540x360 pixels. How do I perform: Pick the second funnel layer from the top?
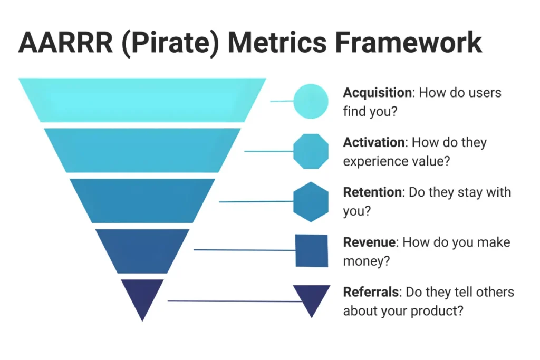pos(142,150)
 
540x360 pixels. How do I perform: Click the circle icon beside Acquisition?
pos(311,101)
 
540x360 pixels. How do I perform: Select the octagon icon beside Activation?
pos(311,151)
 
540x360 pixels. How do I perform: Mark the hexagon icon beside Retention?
pos(311,201)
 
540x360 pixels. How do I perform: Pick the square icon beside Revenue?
pos(312,250)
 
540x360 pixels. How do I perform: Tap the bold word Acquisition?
pos(377,93)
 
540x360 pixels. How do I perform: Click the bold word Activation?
pos(373,142)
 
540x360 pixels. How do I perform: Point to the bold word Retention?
pos(372,192)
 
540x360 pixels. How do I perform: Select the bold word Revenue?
pos(369,242)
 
